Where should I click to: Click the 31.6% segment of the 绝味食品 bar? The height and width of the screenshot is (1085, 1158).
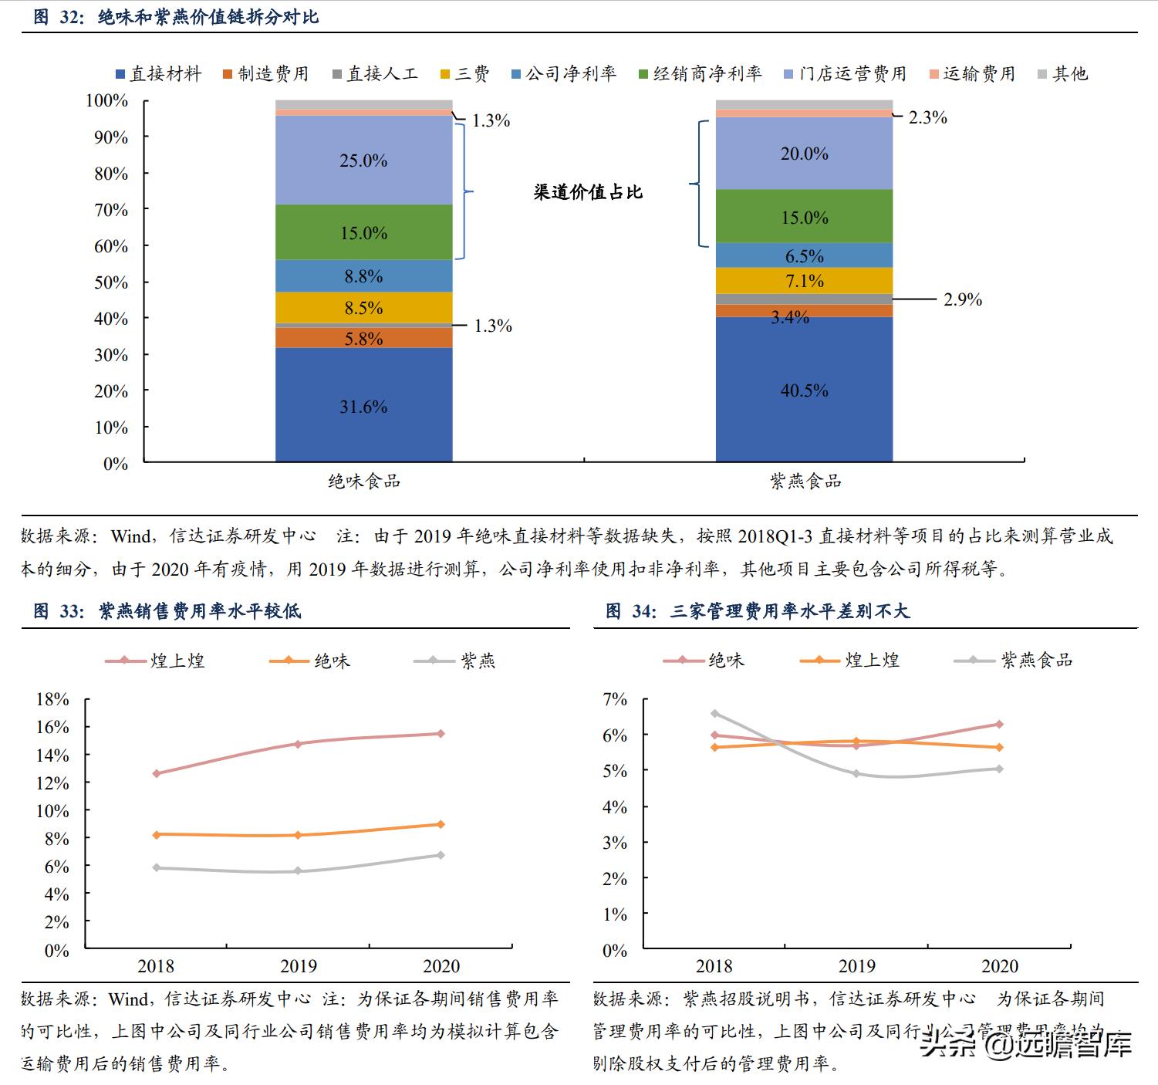click(x=363, y=406)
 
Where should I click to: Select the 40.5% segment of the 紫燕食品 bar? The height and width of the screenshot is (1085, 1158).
click(x=804, y=390)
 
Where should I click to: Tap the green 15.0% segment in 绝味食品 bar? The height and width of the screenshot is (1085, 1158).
click(x=363, y=232)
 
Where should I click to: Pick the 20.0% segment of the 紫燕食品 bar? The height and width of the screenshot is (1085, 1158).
click(x=804, y=154)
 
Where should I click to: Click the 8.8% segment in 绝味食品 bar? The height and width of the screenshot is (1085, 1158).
click(x=363, y=275)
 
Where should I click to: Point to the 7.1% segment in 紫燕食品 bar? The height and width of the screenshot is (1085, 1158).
click(x=804, y=281)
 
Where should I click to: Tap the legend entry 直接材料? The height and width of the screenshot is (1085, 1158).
click(x=157, y=73)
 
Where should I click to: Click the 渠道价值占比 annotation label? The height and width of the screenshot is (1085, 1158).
click(x=588, y=192)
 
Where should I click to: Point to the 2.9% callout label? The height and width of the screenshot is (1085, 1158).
click(x=962, y=299)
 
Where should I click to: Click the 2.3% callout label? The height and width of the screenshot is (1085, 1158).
click(x=927, y=117)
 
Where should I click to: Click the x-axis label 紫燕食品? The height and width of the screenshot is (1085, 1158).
click(x=805, y=482)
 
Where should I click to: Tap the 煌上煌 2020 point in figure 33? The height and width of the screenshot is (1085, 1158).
click(x=441, y=733)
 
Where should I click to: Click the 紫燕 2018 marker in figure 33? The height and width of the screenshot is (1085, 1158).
click(x=157, y=867)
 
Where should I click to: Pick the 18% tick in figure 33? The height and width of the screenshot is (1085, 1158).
click(x=53, y=699)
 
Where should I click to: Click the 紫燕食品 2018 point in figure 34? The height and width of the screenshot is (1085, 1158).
click(x=714, y=713)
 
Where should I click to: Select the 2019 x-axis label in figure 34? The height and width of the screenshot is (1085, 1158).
click(x=857, y=966)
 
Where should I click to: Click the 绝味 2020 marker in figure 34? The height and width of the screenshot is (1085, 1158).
click(x=999, y=724)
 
